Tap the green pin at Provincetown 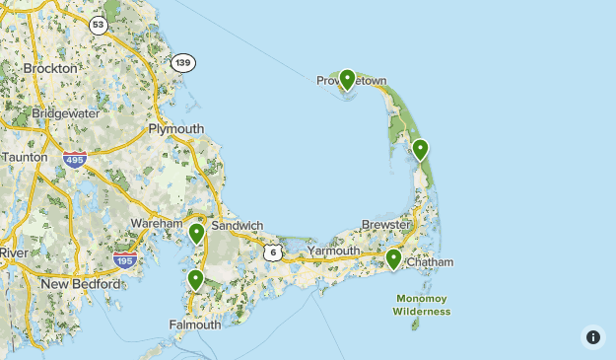[x=347, y=79]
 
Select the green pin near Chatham [x=393, y=258]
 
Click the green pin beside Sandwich [x=197, y=233]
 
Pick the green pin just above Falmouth [x=195, y=279]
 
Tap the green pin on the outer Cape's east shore [x=421, y=149]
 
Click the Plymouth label [x=175, y=129]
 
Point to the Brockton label [x=49, y=69]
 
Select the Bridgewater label [x=65, y=113]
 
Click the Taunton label [x=24, y=157]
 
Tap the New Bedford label [x=81, y=284]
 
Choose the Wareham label [x=158, y=224]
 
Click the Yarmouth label [x=334, y=252]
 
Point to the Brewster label [x=385, y=225]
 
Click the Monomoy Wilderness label [x=422, y=304]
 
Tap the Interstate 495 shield [x=73, y=158]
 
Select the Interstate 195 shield [x=124, y=259]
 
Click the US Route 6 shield [x=273, y=252]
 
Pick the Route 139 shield [x=182, y=62]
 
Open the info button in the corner [x=592, y=336]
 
